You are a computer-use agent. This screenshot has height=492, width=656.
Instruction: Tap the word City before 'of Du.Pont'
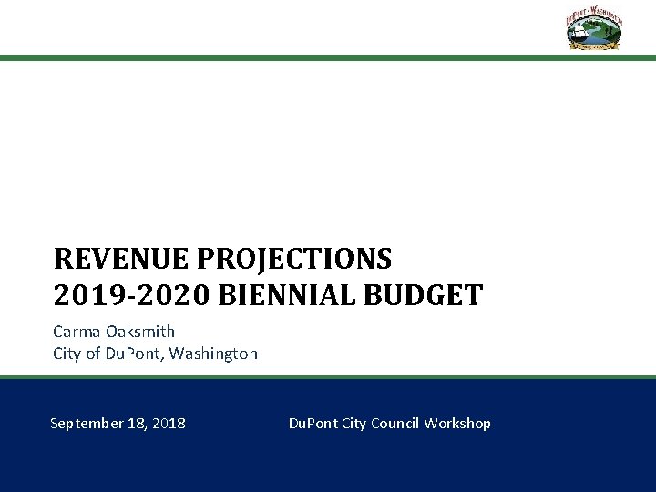click(x=67, y=353)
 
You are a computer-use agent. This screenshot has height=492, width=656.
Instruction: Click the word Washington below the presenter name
click(x=214, y=353)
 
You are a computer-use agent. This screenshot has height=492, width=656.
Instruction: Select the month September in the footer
click(x=88, y=424)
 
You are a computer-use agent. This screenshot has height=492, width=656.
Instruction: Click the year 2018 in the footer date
click(x=170, y=424)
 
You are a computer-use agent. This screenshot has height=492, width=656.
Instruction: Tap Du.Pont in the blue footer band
click(x=313, y=424)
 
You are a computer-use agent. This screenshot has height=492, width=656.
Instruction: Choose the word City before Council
click(x=355, y=424)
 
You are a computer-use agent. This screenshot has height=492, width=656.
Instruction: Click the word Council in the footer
click(x=399, y=424)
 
